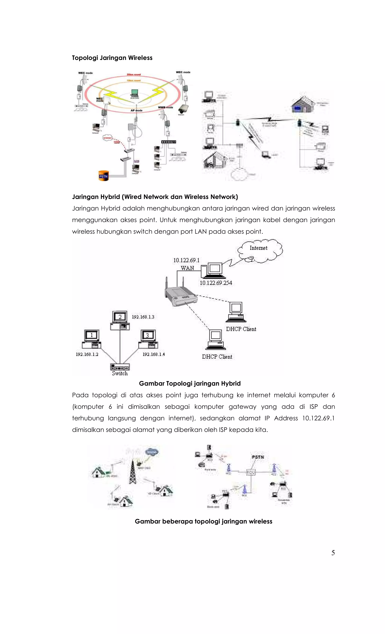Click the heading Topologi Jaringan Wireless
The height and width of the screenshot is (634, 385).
112,58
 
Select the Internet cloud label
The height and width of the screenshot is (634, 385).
258,248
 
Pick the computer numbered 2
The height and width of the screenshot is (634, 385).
120,320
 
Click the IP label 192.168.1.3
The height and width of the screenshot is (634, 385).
143,317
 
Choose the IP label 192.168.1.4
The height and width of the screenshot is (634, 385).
154,354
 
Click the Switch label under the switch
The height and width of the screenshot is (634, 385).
120,373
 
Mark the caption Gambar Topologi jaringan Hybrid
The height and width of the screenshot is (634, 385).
190,383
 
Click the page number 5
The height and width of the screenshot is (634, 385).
333,553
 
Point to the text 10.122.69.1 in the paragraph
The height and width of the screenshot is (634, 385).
318,418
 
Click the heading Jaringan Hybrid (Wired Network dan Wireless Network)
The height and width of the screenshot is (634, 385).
155,197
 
